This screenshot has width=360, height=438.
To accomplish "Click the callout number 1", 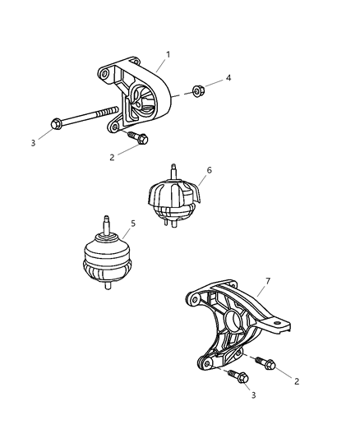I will tap(168, 54).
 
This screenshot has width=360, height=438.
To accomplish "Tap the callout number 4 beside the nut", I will tap(228, 78).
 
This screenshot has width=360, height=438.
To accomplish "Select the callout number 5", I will tap(133, 223).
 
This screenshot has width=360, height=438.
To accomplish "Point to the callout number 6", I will tap(210, 170).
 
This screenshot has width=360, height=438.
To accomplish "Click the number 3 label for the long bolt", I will tap(34, 143).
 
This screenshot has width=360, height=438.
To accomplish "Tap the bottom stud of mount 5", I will tap(108, 288).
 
